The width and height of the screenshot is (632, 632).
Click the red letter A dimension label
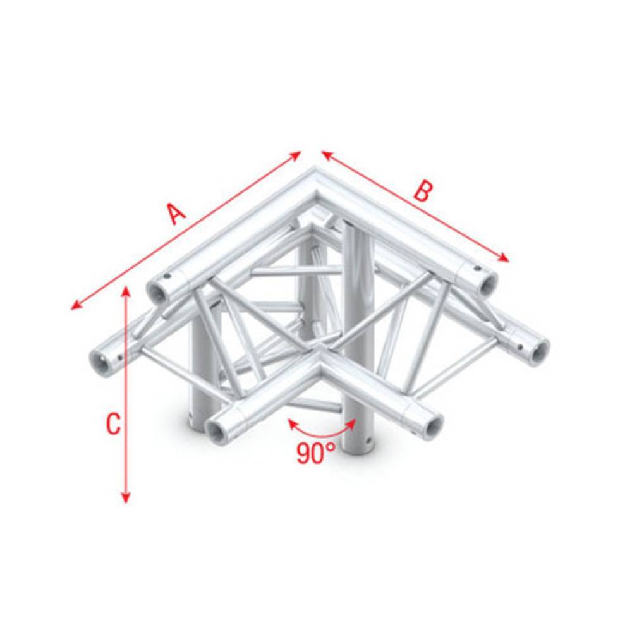pyautogui.click(x=176, y=213)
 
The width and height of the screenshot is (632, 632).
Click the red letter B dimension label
pyautogui.click(x=422, y=191)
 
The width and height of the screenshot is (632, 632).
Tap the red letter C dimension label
pyautogui.click(x=112, y=424)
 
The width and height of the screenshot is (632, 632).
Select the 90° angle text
pyautogui.click(x=316, y=453)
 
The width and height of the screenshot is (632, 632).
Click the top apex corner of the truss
pyautogui.click(x=316, y=172)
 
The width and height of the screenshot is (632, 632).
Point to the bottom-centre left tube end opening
pyautogui.click(x=217, y=432)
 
